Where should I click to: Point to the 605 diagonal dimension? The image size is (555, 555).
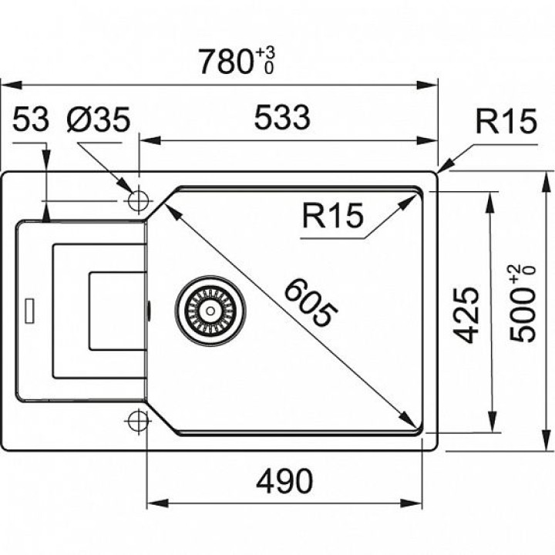tap(311, 302)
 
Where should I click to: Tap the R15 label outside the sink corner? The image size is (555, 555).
tap(505, 122)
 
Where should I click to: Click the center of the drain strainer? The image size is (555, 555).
tap(208, 308)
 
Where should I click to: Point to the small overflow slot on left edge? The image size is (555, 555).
tap(29, 311)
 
